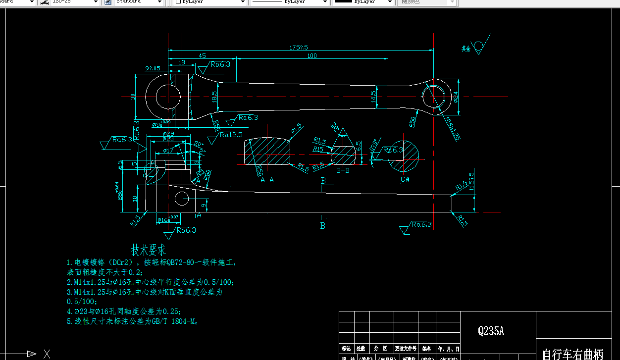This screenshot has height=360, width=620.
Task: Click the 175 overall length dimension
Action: (x=299, y=48)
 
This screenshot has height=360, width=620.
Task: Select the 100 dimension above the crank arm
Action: (x=312, y=56)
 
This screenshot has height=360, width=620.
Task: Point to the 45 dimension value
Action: (x=202, y=56)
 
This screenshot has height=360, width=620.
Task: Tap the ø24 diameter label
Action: (x=456, y=96)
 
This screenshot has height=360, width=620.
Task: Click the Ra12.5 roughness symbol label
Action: (x=231, y=135)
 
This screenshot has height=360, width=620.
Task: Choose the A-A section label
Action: (x=267, y=180)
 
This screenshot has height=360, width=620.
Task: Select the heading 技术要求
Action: (x=149, y=250)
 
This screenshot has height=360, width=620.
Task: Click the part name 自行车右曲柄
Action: (x=572, y=354)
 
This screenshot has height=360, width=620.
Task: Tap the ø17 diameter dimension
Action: (x=168, y=151)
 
